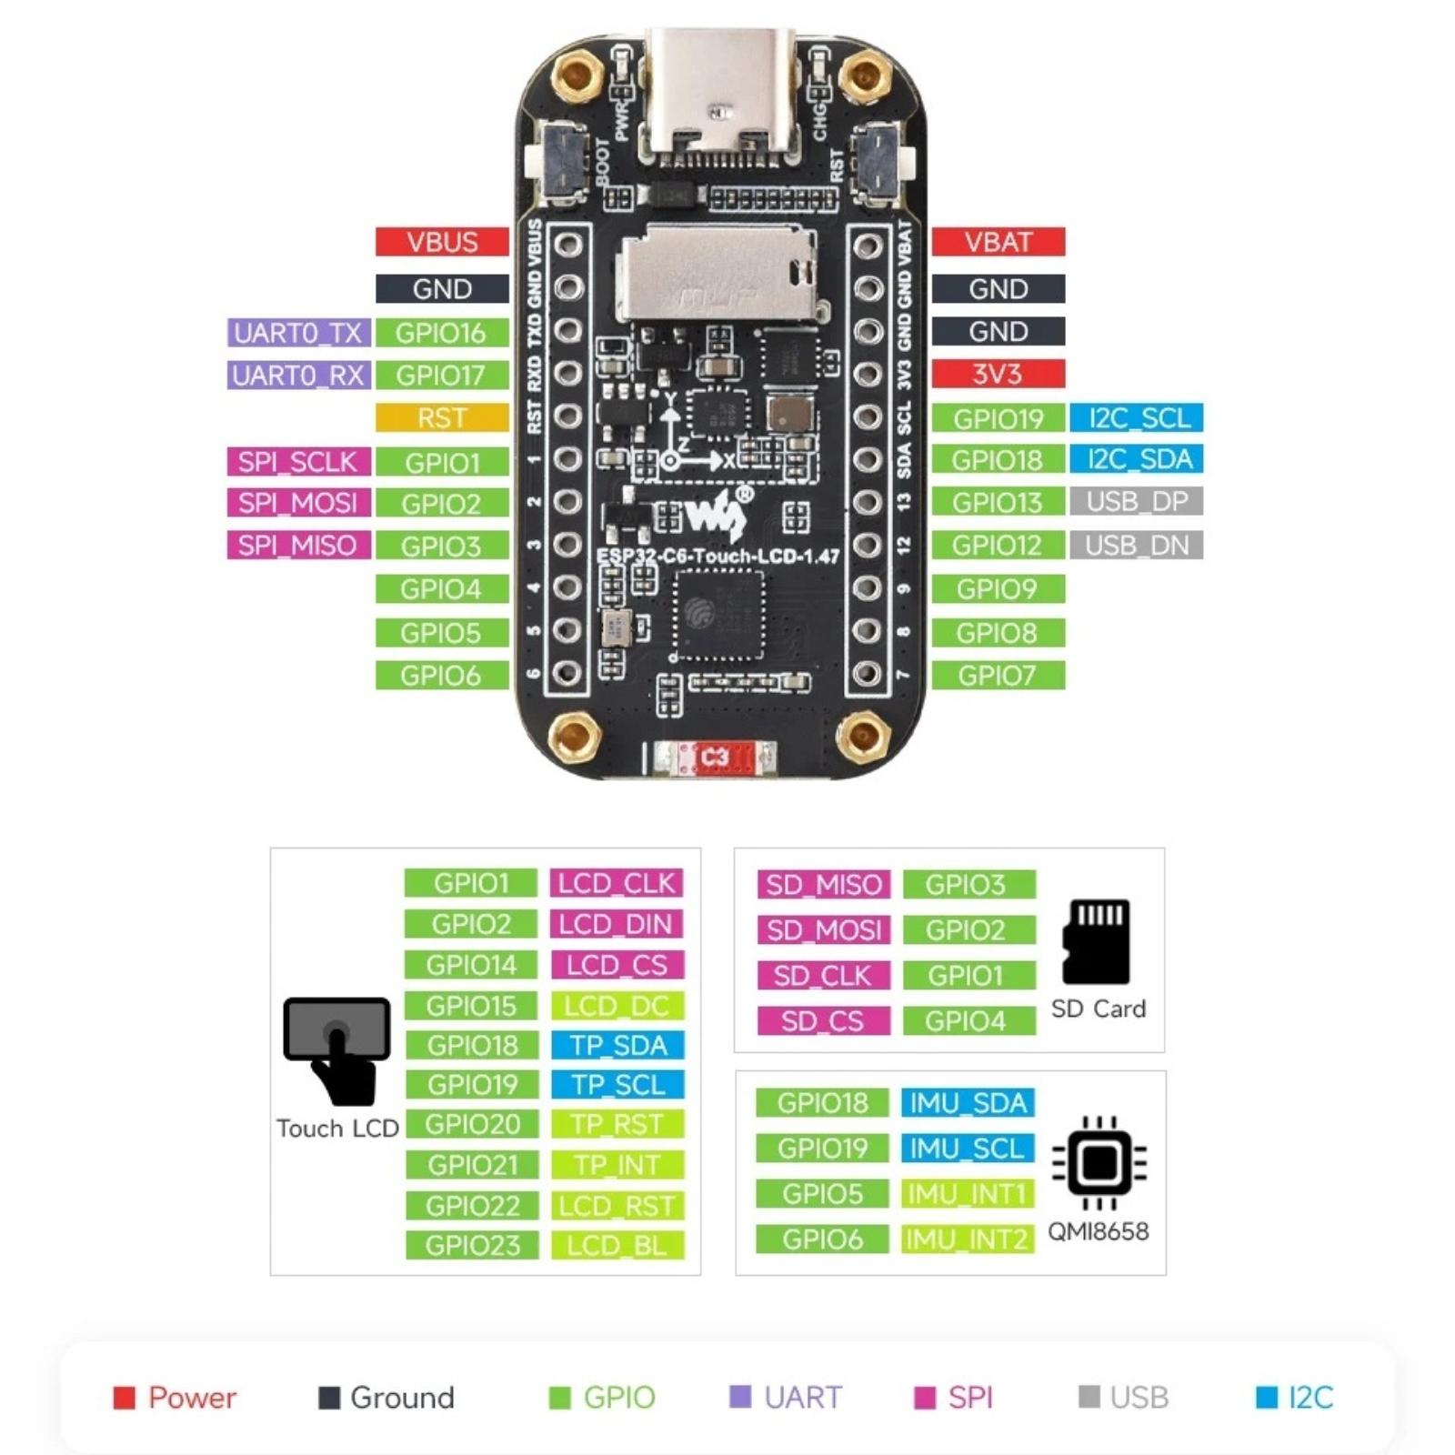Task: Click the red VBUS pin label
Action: (x=442, y=242)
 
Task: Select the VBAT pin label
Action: (x=998, y=242)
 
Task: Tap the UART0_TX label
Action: (x=298, y=333)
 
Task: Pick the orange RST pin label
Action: (x=442, y=418)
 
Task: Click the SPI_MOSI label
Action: (x=298, y=503)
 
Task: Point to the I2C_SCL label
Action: (x=1137, y=418)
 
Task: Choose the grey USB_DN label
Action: (x=1137, y=545)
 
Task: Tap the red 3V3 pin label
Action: (x=998, y=374)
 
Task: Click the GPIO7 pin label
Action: (x=998, y=676)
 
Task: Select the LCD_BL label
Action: (x=617, y=1245)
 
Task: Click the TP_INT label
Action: (x=617, y=1165)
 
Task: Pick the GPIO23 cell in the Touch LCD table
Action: (x=472, y=1245)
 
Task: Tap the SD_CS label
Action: (x=823, y=1021)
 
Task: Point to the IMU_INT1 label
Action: (x=968, y=1193)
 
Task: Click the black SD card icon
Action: (x=1097, y=941)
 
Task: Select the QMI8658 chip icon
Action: (x=1099, y=1162)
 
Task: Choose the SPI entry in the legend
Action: (x=954, y=1397)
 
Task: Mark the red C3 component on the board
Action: (x=715, y=758)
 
